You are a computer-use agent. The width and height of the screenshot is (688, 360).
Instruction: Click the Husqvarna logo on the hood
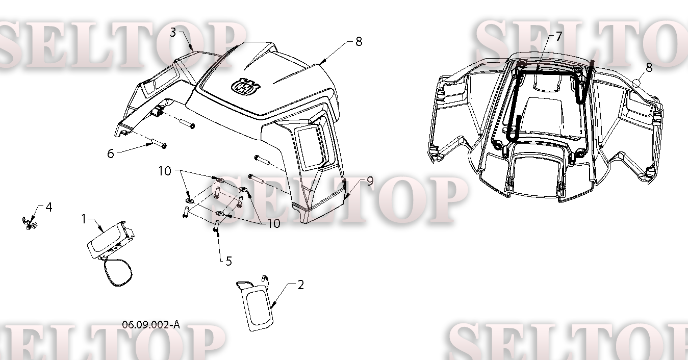point(246,86)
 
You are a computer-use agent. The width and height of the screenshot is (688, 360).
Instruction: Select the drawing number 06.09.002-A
point(151,324)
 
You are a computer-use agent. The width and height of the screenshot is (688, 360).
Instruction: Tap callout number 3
point(173,32)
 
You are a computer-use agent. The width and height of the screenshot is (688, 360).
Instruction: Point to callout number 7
point(558,36)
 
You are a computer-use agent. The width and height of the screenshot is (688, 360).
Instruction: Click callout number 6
point(111,153)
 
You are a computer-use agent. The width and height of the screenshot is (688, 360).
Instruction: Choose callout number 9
point(370,181)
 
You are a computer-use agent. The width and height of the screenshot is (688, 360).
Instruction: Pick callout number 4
point(49,208)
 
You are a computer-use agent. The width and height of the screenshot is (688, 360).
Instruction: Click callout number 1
point(84,219)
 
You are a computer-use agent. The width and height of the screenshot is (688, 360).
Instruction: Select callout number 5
point(229,261)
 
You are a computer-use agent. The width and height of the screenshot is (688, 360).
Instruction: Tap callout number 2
point(301,285)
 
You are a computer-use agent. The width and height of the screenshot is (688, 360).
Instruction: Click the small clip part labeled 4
point(30,223)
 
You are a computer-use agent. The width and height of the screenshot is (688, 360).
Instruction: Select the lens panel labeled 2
point(255,303)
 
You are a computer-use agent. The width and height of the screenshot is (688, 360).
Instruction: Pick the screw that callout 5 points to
point(216,226)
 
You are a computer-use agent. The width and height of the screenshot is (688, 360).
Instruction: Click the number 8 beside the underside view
point(649,68)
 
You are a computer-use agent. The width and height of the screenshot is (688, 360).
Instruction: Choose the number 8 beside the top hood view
point(359,41)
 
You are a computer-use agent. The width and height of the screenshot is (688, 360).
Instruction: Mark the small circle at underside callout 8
point(636,83)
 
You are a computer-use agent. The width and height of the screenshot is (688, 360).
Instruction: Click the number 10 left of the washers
point(164,171)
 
